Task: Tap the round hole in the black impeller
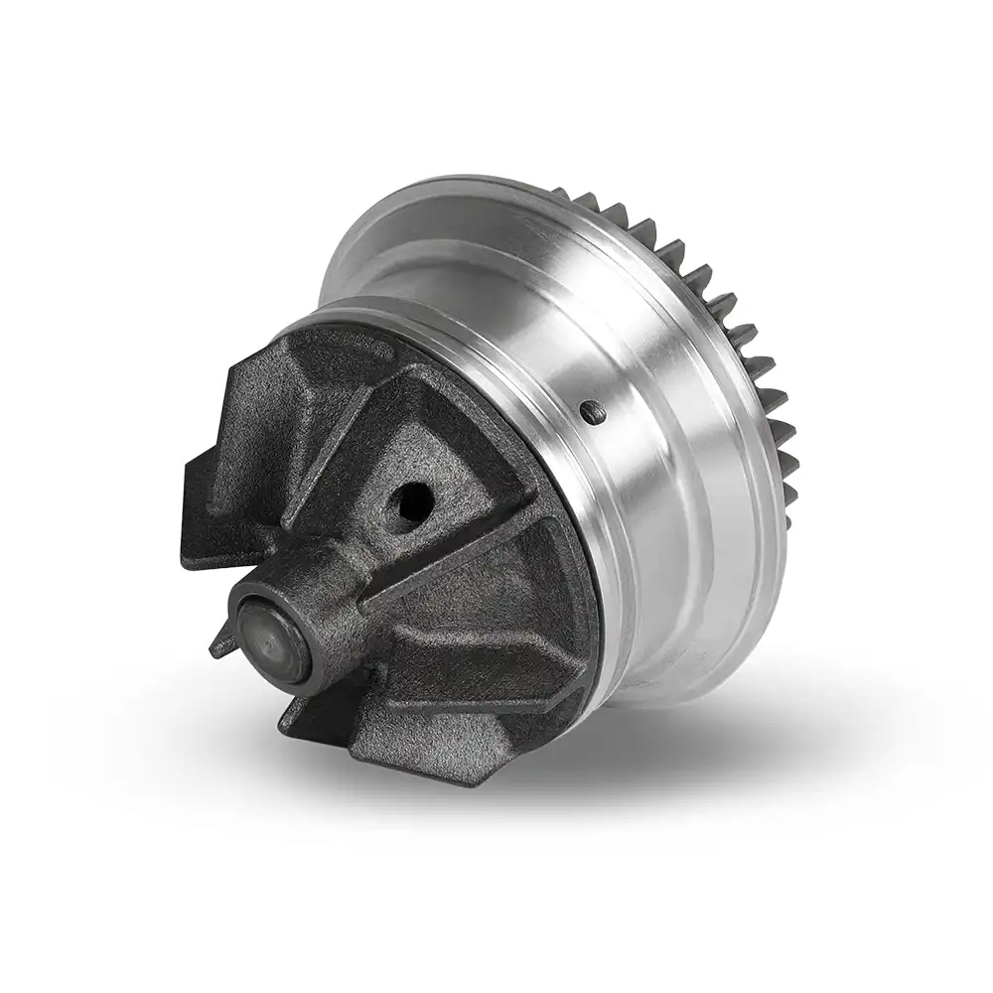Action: click(409, 496)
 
